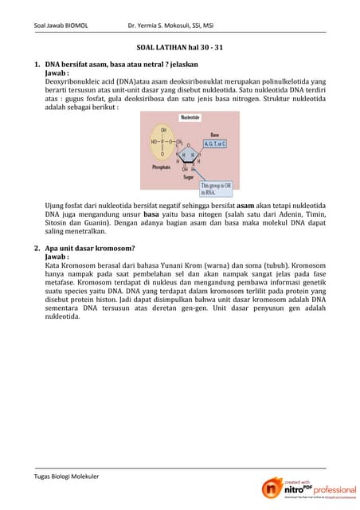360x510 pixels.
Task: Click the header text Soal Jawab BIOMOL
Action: [x=61, y=25]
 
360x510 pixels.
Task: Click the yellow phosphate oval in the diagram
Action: [x=164, y=141]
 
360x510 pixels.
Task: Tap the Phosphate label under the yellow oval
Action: [x=162, y=167]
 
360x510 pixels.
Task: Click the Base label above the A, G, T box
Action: [x=214, y=135]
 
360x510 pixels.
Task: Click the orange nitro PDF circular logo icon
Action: [x=272, y=490]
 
